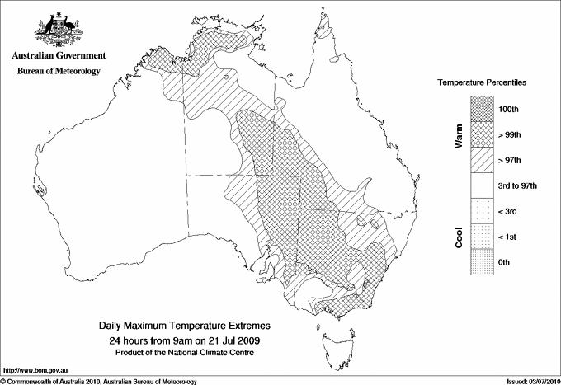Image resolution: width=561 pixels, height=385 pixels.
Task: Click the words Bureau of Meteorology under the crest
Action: pos(58,72)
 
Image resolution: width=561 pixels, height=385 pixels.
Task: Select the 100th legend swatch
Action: pos(482,109)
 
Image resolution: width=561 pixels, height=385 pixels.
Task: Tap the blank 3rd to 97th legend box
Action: pos(482,185)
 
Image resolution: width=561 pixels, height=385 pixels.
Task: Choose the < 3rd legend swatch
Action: pos(482,211)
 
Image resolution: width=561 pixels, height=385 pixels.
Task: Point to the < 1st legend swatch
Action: pos(482,237)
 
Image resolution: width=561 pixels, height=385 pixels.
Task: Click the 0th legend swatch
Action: pos(482,262)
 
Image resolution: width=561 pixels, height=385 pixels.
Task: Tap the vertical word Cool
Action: pos(459,237)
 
